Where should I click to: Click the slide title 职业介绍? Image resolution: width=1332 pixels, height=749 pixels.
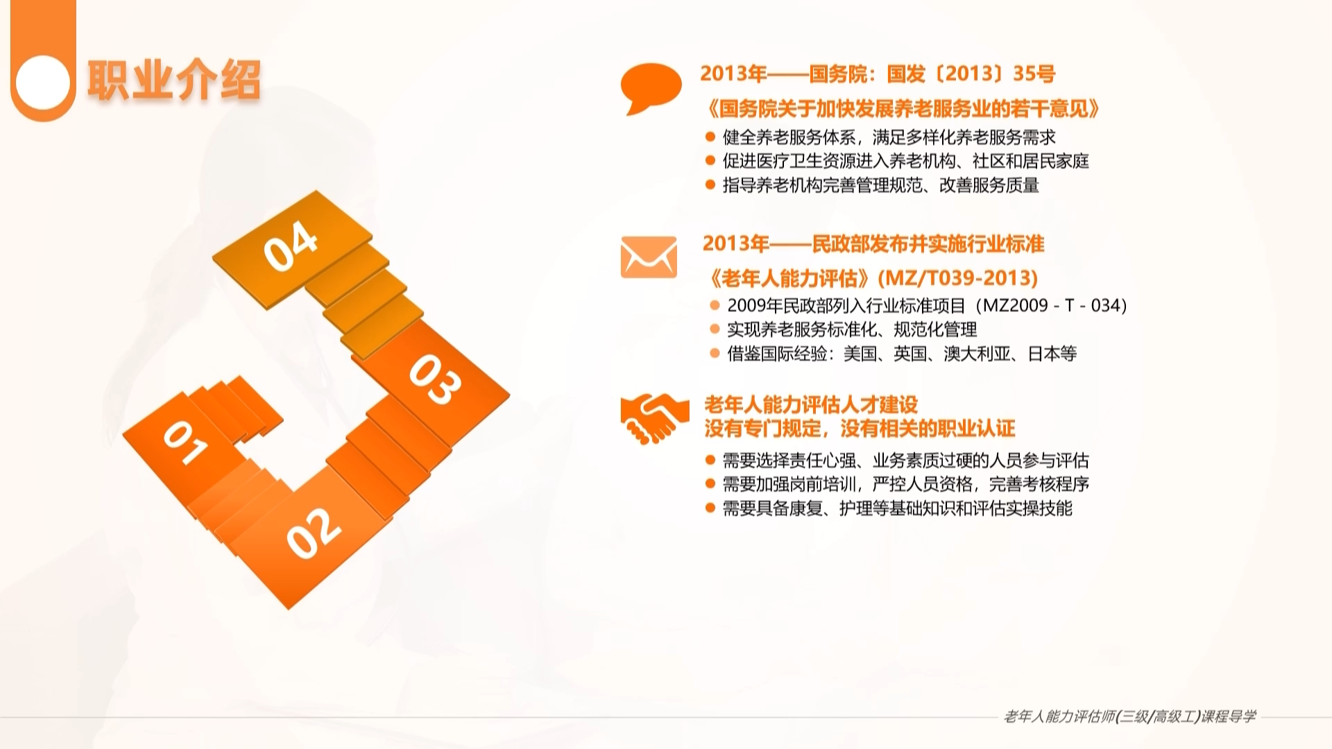(173, 80)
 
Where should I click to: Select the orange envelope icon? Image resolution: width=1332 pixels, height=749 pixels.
(649, 257)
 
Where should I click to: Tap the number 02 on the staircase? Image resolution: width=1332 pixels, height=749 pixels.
(314, 533)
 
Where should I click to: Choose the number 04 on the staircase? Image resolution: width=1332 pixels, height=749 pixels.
(291, 246)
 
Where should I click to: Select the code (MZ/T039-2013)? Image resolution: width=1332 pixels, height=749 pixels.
(958, 278)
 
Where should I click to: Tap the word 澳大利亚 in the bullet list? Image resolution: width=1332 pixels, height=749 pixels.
(977, 354)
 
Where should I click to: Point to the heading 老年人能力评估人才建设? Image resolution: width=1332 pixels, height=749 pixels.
(811, 404)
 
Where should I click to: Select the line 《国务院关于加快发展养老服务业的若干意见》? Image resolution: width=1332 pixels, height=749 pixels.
(901, 108)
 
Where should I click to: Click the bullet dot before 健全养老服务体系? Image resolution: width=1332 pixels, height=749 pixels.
(710, 137)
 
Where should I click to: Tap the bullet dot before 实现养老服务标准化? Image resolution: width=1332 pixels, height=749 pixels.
(715, 329)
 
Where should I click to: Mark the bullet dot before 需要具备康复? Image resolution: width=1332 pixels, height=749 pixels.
(710, 508)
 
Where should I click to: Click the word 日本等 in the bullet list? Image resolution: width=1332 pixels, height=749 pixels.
(1052, 354)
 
